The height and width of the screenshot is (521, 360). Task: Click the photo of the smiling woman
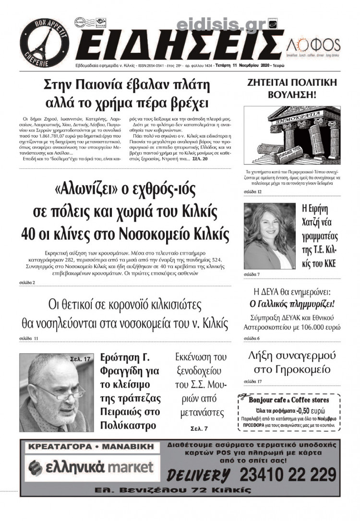[x=270, y=236]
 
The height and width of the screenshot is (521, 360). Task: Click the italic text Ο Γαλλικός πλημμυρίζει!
[x=292, y=304]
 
